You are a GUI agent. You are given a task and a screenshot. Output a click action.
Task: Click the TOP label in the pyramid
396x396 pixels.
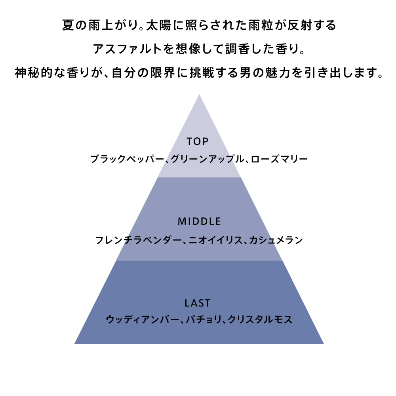(198, 141)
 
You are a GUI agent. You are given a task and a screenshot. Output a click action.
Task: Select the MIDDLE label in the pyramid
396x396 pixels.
(199, 221)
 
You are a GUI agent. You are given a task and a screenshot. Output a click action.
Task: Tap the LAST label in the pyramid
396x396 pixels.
(198, 303)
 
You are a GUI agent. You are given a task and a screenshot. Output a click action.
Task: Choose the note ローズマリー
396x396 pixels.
(279, 159)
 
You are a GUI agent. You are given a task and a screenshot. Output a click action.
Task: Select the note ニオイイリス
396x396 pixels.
(215, 240)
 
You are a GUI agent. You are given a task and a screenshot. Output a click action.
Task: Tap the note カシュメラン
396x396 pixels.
(276, 240)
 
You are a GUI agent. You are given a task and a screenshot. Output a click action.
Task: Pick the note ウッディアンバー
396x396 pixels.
(143, 320)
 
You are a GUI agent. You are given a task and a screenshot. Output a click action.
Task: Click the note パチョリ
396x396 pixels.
(204, 320)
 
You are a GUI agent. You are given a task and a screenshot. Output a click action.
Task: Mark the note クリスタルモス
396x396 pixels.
(260, 320)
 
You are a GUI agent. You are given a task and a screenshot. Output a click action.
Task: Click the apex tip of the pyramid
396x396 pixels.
(199, 95)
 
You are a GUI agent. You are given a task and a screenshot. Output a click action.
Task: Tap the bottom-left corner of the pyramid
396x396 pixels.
(74, 344)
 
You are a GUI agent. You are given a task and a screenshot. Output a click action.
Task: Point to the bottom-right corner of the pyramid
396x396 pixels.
(324, 344)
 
